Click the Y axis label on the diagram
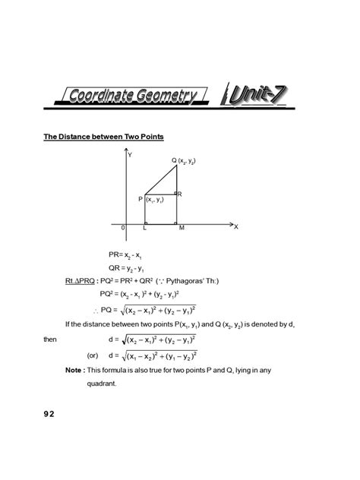click(131, 156)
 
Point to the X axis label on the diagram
click(236, 226)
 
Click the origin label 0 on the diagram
click(123, 227)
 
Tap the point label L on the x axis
click(145, 227)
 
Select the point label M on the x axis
click(182, 227)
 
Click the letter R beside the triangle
click(179, 195)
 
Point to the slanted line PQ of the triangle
click(160, 180)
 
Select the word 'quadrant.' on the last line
click(101, 384)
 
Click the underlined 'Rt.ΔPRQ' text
click(81, 281)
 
